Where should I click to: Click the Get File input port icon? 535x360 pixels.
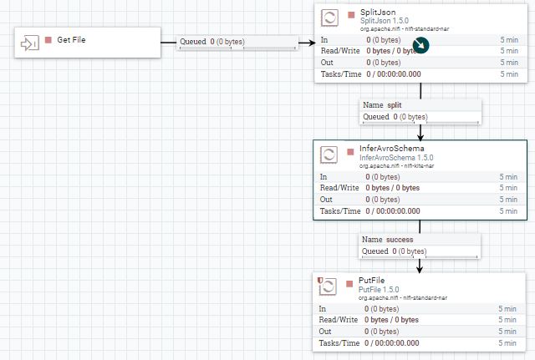tap(30, 41)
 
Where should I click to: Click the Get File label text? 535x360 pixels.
tap(71, 40)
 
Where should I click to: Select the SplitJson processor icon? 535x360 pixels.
tap(329, 18)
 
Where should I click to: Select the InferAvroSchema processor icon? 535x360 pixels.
tap(329, 155)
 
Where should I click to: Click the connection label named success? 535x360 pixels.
tap(400, 240)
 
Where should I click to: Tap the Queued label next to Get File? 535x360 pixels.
tap(192, 41)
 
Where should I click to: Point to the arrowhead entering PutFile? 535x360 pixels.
tap(420, 268)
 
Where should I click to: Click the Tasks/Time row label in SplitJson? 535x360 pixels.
tap(339, 74)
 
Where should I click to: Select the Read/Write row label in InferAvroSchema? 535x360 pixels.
tap(339, 188)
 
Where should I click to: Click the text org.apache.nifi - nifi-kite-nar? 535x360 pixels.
tap(397, 166)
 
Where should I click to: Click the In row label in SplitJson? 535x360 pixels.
tap(324, 39)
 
